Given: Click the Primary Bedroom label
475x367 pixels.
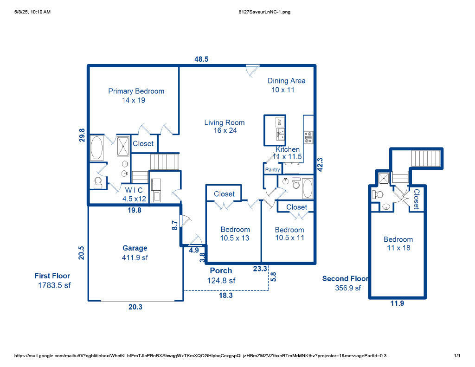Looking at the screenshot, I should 136,95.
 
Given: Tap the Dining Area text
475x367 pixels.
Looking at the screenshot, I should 286,85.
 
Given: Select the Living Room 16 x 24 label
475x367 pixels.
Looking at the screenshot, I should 225,127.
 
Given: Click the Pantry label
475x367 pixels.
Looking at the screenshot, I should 273,170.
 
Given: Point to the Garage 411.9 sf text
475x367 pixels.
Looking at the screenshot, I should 135,253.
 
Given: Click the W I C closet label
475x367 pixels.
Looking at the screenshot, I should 135,194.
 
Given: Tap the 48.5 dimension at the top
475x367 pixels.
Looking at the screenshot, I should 201,59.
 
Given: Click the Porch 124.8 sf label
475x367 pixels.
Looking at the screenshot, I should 221,276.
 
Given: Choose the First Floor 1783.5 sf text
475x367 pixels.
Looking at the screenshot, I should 53,281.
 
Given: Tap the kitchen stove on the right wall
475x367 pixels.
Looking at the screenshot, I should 308,137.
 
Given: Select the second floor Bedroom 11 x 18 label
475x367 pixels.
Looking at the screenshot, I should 398,244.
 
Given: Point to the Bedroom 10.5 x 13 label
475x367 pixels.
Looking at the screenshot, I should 235,234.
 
